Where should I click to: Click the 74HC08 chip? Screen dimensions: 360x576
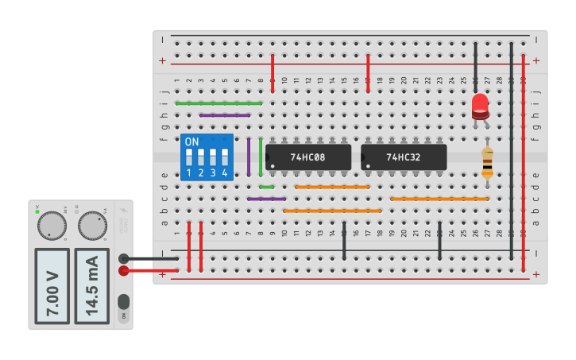click(308, 157)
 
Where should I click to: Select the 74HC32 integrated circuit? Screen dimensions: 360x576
click(404, 157)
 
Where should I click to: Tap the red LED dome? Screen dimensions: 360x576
click(480, 105)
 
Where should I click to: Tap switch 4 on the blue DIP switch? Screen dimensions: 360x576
click(225, 157)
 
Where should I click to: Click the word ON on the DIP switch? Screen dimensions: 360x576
click(191, 142)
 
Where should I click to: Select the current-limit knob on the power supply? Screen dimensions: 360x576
click(92, 225)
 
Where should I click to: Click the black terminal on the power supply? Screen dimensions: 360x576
click(124, 258)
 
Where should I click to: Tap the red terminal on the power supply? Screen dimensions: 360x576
click(124, 271)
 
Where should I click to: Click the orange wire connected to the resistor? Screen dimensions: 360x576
click(439, 199)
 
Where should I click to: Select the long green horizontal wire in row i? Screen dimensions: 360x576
click(218, 103)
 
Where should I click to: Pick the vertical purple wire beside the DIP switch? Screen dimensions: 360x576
click(249, 157)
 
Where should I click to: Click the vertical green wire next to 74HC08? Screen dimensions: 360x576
click(261, 157)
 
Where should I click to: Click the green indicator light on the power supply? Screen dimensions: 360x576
click(37, 211)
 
